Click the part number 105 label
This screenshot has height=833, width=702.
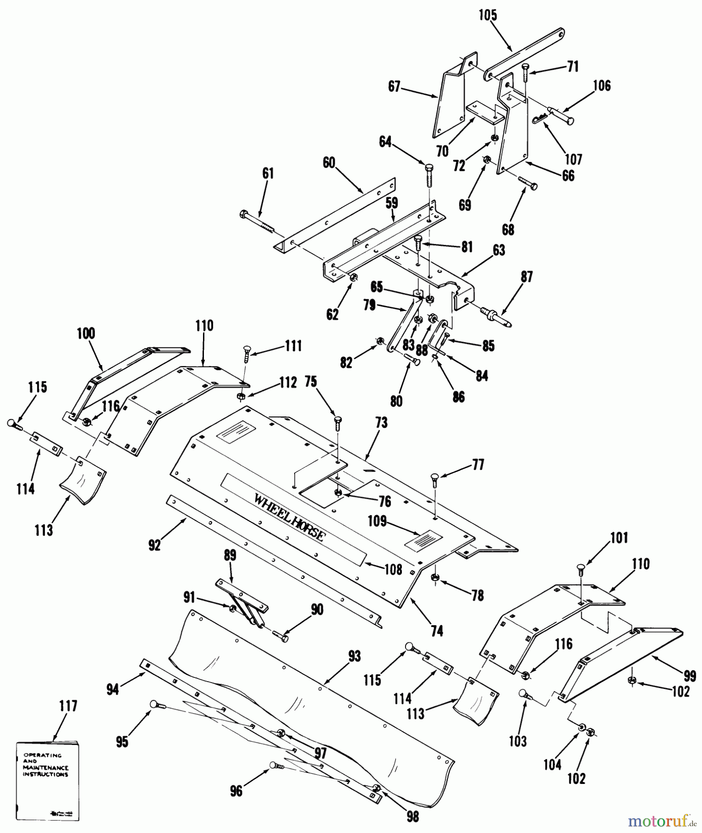click(x=487, y=15)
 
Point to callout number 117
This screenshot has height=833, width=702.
click(x=68, y=706)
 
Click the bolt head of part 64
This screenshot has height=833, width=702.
click(x=428, y=168)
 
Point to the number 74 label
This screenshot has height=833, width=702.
click(x=437, y=631)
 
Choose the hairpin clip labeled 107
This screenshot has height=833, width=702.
click(x=541, y=119)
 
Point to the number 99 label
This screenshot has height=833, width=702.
click(x=690, y=677)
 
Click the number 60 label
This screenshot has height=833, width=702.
click(x=329, y=163)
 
